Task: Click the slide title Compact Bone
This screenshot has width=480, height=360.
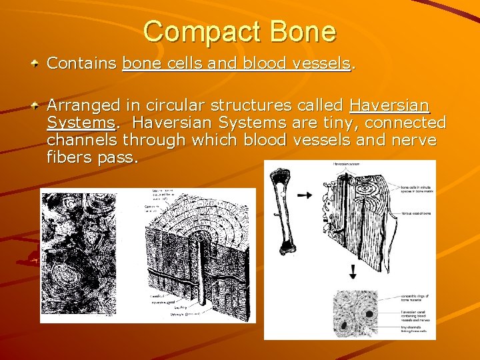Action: [x=239, y=31]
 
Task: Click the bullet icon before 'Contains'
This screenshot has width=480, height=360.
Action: [x=35, y=64]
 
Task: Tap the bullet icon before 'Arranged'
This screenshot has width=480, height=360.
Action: [x=35, y=105]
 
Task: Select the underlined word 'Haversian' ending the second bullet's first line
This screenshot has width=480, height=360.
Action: [x=389, y=105]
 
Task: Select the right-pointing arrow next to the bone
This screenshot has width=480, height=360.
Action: [x=304, y=195]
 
